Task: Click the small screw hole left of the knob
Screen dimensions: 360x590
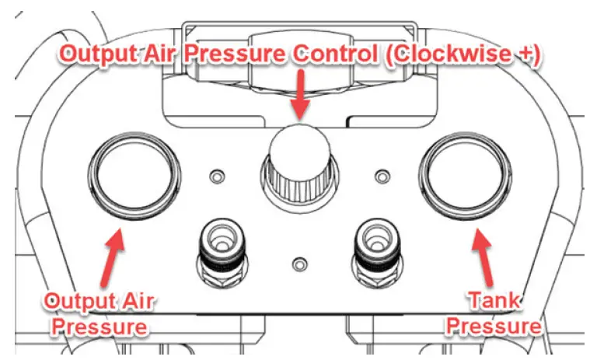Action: pyautogui.click(x=217, y=173)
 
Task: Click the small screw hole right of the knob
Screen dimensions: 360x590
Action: pyautogui.click(x=381, y=175)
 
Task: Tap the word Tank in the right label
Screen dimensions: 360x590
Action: pyautogui.click(x=494, y=299)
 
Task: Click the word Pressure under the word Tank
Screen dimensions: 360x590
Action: pyautogui.click(x=494, y=325)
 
